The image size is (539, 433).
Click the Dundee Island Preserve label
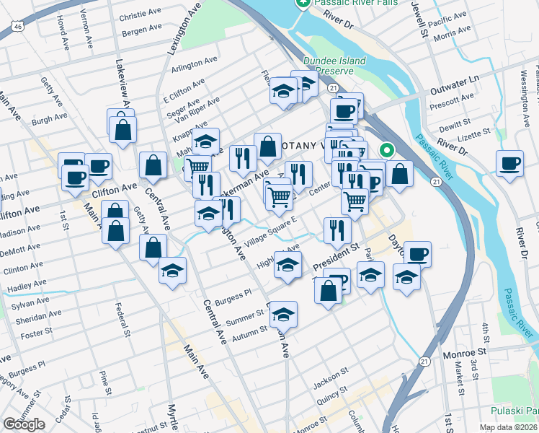334,66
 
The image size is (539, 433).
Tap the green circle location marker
387,151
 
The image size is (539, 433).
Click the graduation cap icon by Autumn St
284,313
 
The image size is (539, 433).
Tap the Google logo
24,424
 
